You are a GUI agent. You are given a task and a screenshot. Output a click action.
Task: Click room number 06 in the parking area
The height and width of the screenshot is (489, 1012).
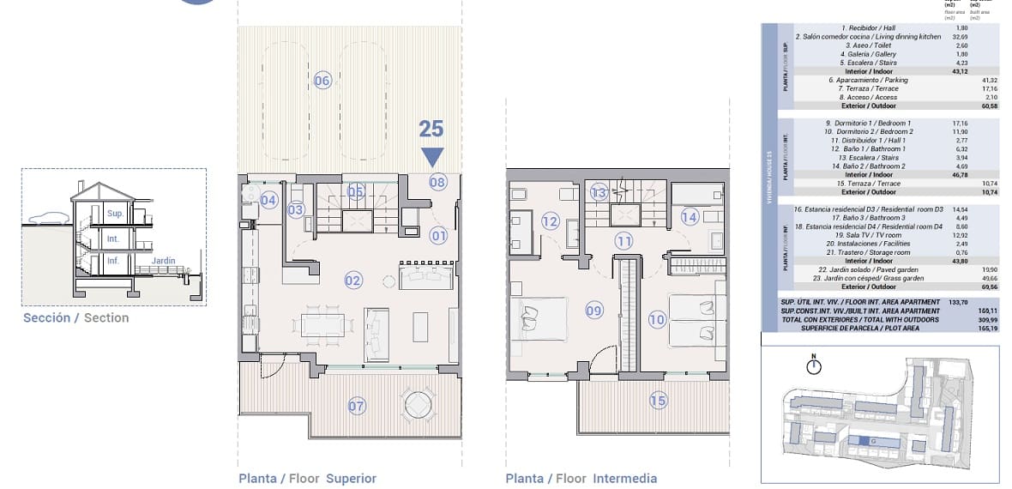click(322, 81)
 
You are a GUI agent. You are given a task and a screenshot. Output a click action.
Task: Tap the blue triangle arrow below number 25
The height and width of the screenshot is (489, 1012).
click(432, 157)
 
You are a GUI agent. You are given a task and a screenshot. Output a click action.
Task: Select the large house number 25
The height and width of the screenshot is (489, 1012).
click(431, 129)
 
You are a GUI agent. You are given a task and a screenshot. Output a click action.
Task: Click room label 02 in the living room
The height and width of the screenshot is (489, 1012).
click(353, 280)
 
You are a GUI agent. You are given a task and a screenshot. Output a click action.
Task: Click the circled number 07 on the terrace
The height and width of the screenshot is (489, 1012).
click(357, 406)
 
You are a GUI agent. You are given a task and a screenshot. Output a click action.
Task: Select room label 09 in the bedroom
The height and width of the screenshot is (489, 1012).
click(595, 311)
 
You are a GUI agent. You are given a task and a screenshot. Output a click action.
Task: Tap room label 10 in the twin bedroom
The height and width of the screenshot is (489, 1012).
click(657, 320)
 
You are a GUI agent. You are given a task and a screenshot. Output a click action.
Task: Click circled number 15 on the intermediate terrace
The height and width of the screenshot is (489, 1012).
click(658, 400)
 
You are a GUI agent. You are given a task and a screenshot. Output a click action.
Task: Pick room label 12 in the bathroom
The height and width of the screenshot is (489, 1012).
click(550, 221)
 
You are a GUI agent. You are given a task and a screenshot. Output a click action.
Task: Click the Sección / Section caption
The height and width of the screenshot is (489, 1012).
click(76, 317)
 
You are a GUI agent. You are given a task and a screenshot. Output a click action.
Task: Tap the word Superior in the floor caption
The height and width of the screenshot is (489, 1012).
click(351, 479)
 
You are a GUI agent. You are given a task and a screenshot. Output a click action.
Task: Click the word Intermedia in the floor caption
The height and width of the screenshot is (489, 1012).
click(624, 479)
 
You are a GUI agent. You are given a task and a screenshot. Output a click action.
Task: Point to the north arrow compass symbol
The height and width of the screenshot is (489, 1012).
click(814, 367)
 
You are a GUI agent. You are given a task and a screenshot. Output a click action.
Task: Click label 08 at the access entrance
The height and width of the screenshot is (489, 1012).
click(437, 182)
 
